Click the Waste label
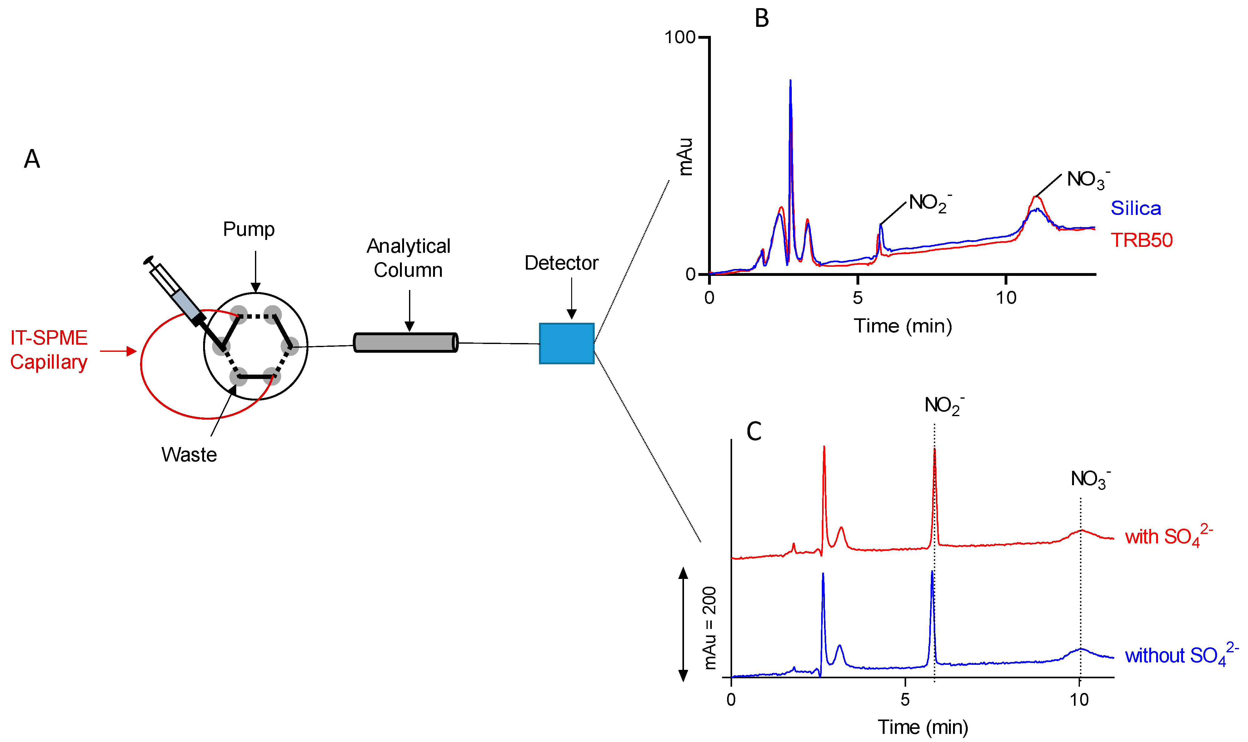189,455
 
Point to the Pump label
248,229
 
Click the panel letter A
32,159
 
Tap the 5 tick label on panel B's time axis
857,298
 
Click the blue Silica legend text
1136,208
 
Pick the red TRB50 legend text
1141,240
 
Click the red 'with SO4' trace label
1167,536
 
